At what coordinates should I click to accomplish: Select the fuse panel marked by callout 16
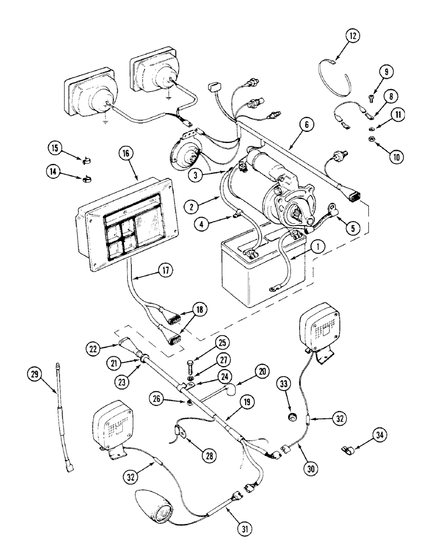pos(129,222)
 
